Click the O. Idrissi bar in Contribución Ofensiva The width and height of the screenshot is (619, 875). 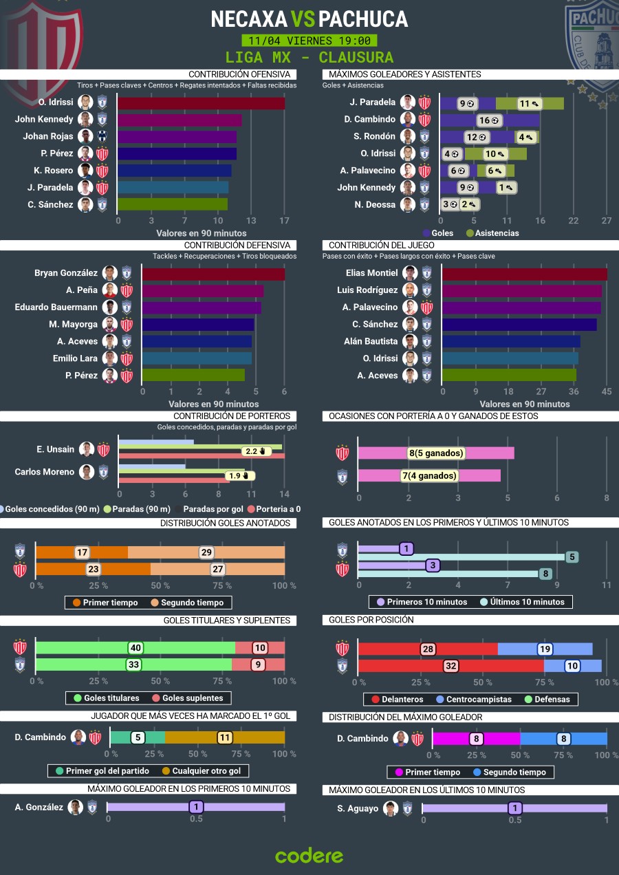[201, 103]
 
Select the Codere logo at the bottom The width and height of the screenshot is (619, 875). [309, 856]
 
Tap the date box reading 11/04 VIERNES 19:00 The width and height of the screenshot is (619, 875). [309, 41]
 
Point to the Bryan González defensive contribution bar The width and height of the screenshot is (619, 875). [213, 274]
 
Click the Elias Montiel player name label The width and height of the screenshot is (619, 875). [371, 273]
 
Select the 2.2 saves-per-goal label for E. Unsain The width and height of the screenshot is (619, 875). [256, 451]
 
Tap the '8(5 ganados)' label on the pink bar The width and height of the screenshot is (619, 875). [436, 453]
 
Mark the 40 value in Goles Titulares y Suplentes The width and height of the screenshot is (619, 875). [135, 648]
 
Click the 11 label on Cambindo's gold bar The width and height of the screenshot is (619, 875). [224, 737]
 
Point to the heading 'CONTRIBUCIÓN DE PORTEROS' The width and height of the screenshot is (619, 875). [236, 416]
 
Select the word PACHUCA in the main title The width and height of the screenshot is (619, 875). [364, 19]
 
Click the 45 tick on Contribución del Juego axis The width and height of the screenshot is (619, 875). [607, 391]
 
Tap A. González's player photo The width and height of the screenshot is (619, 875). [76, 808]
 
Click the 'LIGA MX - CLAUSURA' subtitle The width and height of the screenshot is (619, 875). [309, 58]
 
